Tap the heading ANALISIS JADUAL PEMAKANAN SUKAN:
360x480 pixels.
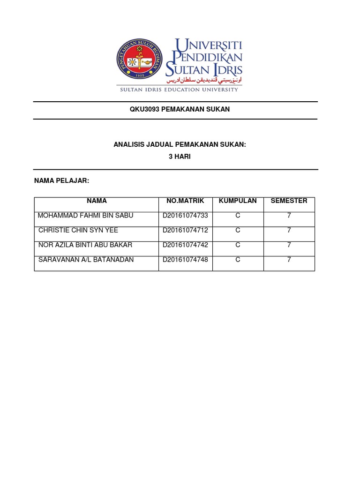coord(180,145)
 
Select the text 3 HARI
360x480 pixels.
coord(180,157)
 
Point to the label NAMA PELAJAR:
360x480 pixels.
coord(62,181)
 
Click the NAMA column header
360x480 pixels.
coord(97,201)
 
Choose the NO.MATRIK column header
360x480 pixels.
coord(185,201)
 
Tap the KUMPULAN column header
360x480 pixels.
coord(238,201)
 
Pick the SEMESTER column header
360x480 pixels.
coord(289,201)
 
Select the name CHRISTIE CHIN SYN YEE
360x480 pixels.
coord(78,230)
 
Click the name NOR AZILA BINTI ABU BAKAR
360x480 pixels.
coord(85,245)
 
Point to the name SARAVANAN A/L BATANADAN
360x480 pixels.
coord(86,260)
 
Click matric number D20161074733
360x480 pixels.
coord(185,216)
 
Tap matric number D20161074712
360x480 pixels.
coord(185,230)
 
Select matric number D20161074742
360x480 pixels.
coord(185,245)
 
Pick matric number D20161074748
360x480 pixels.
coord(185,260)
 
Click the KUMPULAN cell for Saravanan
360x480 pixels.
coord(238,260)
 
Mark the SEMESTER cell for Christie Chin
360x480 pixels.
coord(289,230)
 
